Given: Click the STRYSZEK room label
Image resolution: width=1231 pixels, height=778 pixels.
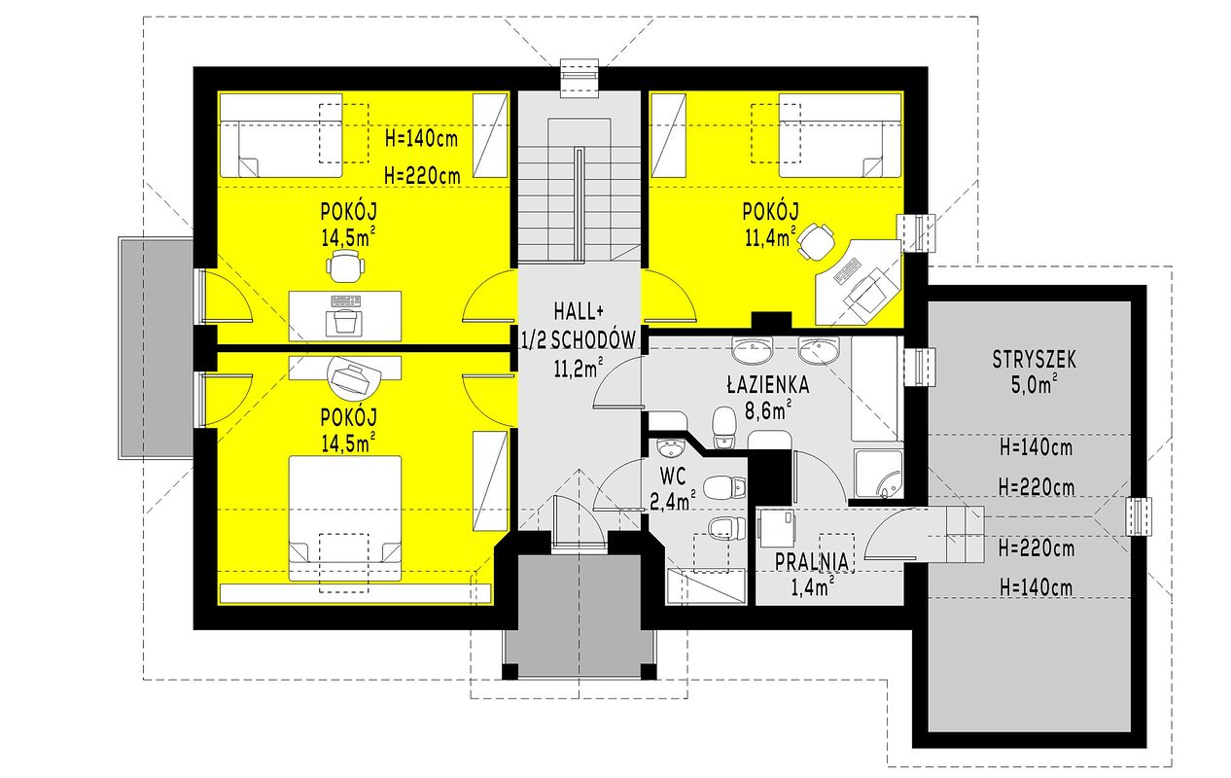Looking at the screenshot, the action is tap(1035, 360).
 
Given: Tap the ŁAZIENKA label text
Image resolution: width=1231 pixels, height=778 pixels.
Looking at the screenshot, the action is tap(768, 384).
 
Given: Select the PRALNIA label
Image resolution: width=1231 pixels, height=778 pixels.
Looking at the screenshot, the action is tap(812, 562).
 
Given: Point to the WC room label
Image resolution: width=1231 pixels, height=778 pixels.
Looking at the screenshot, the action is tap(673, 477).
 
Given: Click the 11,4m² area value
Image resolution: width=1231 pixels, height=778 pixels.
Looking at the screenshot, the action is tap(770, 237).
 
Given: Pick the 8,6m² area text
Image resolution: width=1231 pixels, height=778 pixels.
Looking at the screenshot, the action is tap(768, 409).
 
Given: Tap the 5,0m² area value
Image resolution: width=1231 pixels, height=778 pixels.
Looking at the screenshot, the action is tap(1035, 385).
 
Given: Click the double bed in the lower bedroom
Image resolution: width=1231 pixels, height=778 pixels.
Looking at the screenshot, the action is tap(344, 517).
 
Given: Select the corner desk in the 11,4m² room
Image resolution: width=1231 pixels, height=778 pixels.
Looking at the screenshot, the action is tap(859, 282).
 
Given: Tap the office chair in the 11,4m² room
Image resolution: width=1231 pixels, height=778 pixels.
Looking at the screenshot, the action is tap(816, 241).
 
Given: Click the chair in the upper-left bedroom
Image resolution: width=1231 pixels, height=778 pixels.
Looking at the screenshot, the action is tap(345, 265).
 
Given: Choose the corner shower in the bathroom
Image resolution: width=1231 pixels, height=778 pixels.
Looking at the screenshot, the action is tap(879, 474).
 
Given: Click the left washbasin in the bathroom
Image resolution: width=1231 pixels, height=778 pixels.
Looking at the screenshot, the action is tap(753, 350).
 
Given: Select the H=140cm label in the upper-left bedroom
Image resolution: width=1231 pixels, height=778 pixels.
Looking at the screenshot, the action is tap(421, 138).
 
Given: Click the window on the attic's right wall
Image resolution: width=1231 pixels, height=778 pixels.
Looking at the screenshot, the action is tap(1138, 516).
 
